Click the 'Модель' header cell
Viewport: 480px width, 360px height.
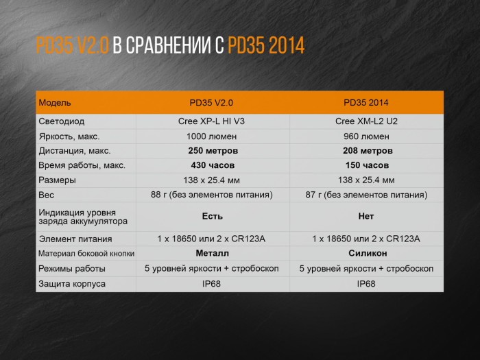(55, 103)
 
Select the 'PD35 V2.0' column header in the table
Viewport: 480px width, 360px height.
(211, 103)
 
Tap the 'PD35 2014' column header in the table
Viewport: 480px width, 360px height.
(365, 103)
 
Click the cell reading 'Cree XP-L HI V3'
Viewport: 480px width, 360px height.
(211, 121)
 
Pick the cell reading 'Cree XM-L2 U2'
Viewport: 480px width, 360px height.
(366, 121)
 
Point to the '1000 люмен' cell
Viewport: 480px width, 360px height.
(211, 136)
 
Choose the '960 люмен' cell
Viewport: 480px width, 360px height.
(366, 136)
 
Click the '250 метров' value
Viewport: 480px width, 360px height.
(213, 151)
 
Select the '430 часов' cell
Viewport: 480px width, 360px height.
(213, 165)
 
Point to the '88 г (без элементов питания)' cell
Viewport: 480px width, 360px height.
(211, 195)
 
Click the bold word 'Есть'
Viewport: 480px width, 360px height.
(212, 216)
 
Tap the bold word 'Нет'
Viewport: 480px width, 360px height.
(366, 216)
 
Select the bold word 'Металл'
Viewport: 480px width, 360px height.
(212, 253)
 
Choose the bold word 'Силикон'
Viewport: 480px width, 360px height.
(367, 253)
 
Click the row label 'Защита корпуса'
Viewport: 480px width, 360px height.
(72, 283)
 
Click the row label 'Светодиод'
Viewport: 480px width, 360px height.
(62, 121)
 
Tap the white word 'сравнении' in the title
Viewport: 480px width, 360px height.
(166, 47)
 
